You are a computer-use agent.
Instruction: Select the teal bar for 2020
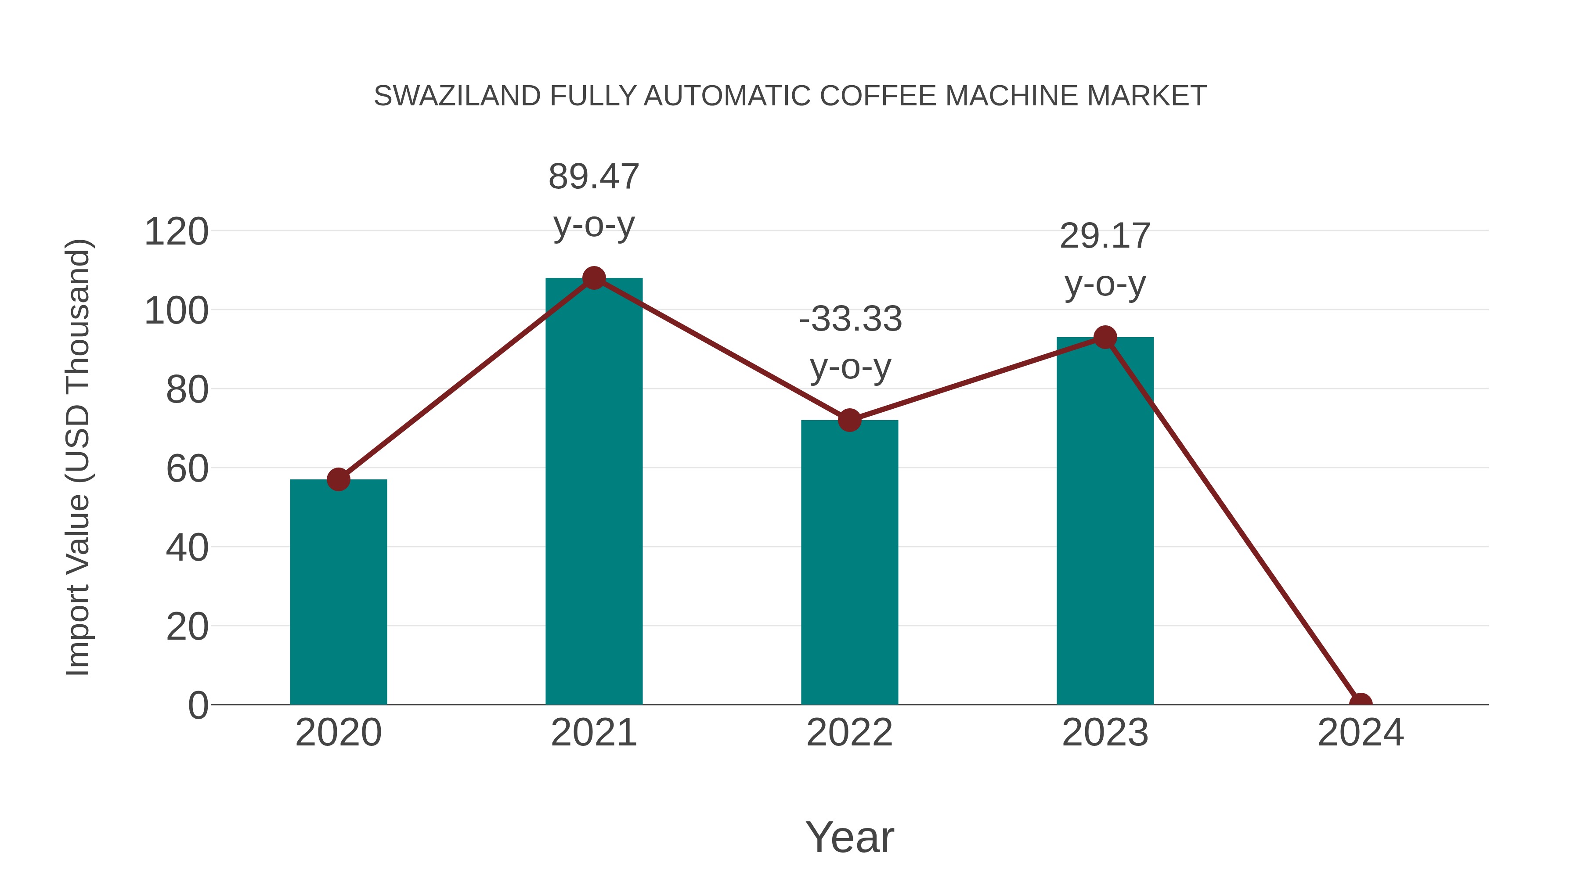point(338,592)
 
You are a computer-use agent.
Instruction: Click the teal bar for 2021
point(593,491)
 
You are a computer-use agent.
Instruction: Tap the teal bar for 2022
point(849,562)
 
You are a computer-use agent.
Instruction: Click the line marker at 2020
point(338,479)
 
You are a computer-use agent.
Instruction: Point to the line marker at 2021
point(593,278)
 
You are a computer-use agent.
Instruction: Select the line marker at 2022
point(849,420)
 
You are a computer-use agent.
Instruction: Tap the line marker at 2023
point(1105,338)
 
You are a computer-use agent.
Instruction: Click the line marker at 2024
point(1361,703)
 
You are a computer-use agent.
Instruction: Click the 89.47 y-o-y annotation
point(593,200)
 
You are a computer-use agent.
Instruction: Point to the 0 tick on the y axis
point(198,705)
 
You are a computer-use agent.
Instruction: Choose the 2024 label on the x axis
point(1361,733)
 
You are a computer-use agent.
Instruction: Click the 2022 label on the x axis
point(849,733)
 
